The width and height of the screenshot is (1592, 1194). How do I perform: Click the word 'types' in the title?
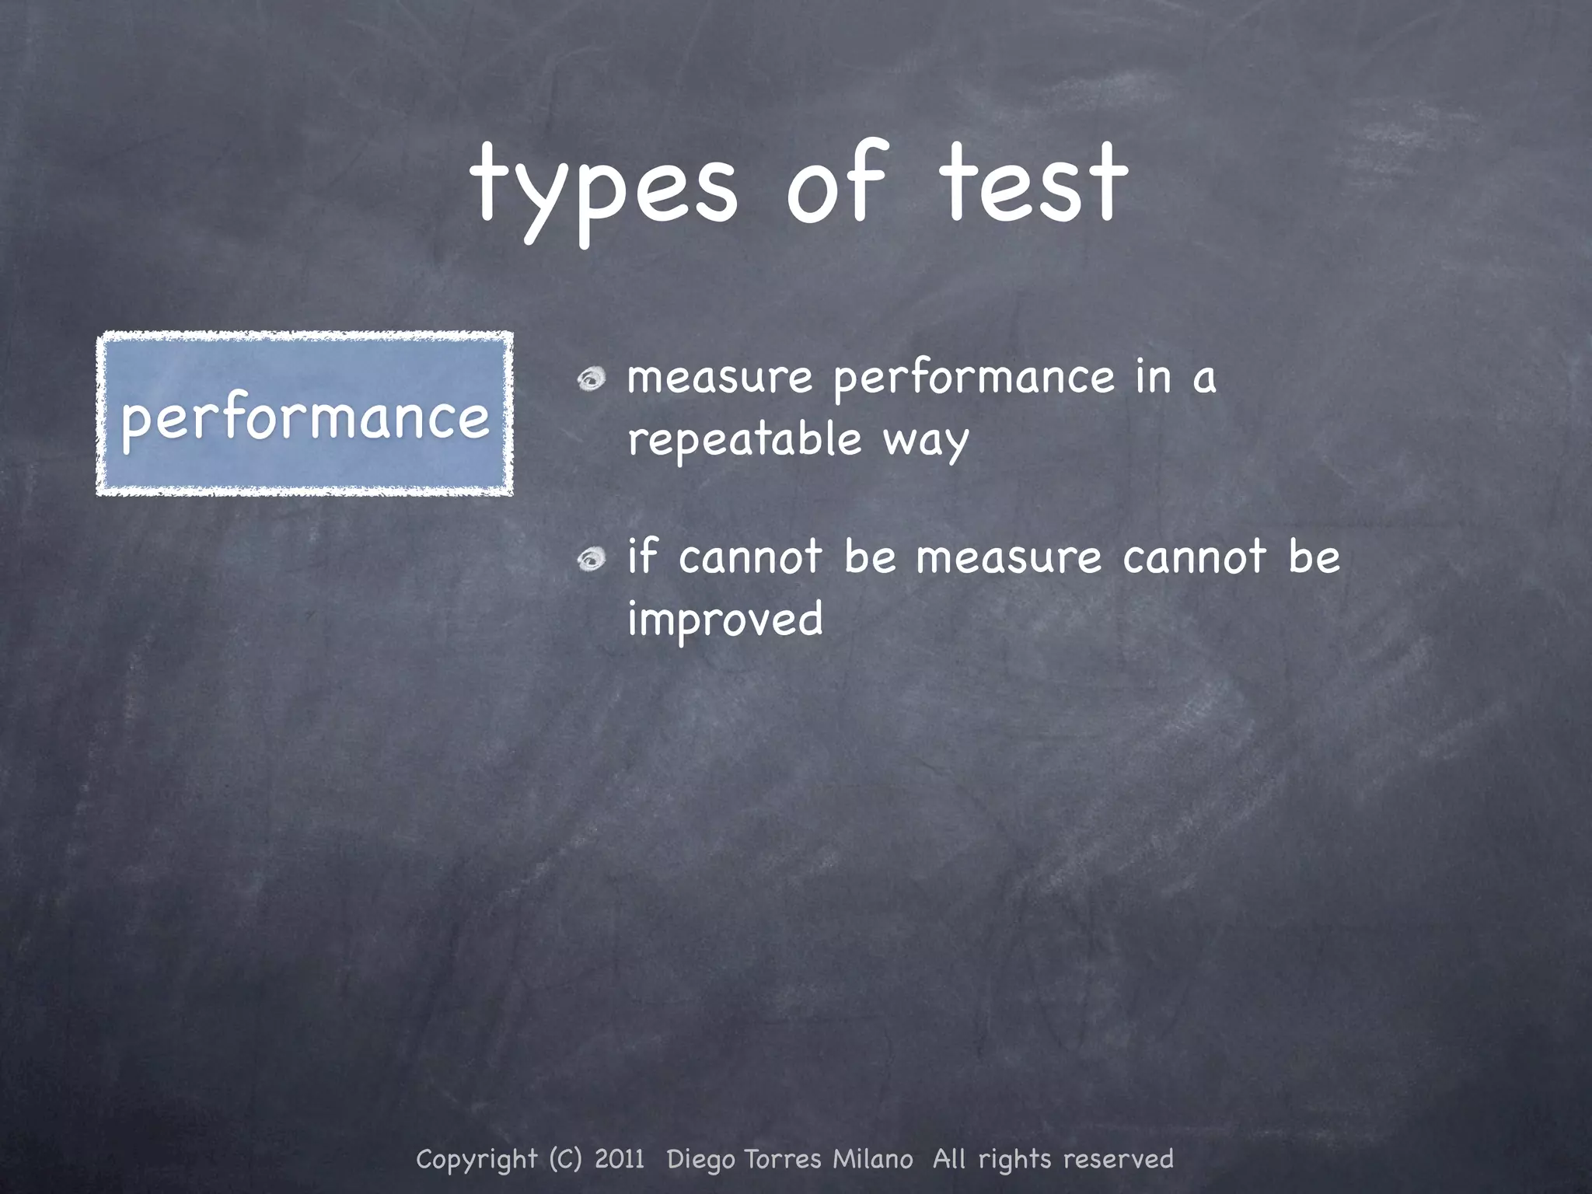pos(603,190)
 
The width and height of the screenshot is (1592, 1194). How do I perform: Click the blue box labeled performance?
pos(305,414)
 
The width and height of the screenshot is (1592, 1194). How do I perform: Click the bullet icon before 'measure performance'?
pos(592,379)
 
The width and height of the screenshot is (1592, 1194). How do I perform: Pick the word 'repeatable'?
pos(745,440)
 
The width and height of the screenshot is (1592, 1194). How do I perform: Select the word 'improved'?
pos(724,620)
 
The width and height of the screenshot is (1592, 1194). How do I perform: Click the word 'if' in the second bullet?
pos(643,556)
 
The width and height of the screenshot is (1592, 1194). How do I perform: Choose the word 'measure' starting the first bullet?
pos(720,379)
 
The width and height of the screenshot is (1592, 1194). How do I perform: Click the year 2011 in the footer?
pos(620,1159)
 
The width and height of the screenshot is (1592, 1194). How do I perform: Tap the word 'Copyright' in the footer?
pos(477,1160)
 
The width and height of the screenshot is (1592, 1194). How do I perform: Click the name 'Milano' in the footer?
pos(873,1159)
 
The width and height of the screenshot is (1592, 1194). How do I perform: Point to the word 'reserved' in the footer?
pos(1118,1159)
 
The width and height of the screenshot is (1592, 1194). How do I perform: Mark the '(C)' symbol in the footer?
pos(565,1159)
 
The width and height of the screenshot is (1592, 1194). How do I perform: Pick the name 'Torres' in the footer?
pos(783,1159)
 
